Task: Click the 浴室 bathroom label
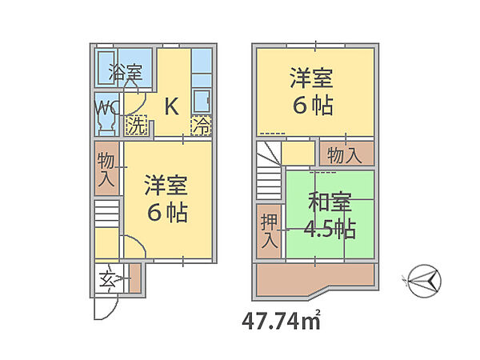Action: (126, 72)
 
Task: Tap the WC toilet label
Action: (106, 107)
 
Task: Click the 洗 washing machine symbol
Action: (136, 126)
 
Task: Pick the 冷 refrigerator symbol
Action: (201, 126)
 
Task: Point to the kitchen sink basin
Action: (202, 101)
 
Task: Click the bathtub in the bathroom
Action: (106, 68)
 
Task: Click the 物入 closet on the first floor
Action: (106, 168)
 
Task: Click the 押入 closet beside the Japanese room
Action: (269, 231)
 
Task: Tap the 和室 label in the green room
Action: (330, 202)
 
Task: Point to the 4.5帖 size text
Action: (330, 228)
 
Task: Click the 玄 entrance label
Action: (107, 279)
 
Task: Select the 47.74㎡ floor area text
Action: (282, 321)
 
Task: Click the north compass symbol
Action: (425, 281)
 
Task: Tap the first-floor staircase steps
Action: (106, 214)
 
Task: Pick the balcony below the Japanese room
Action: (315, 279)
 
